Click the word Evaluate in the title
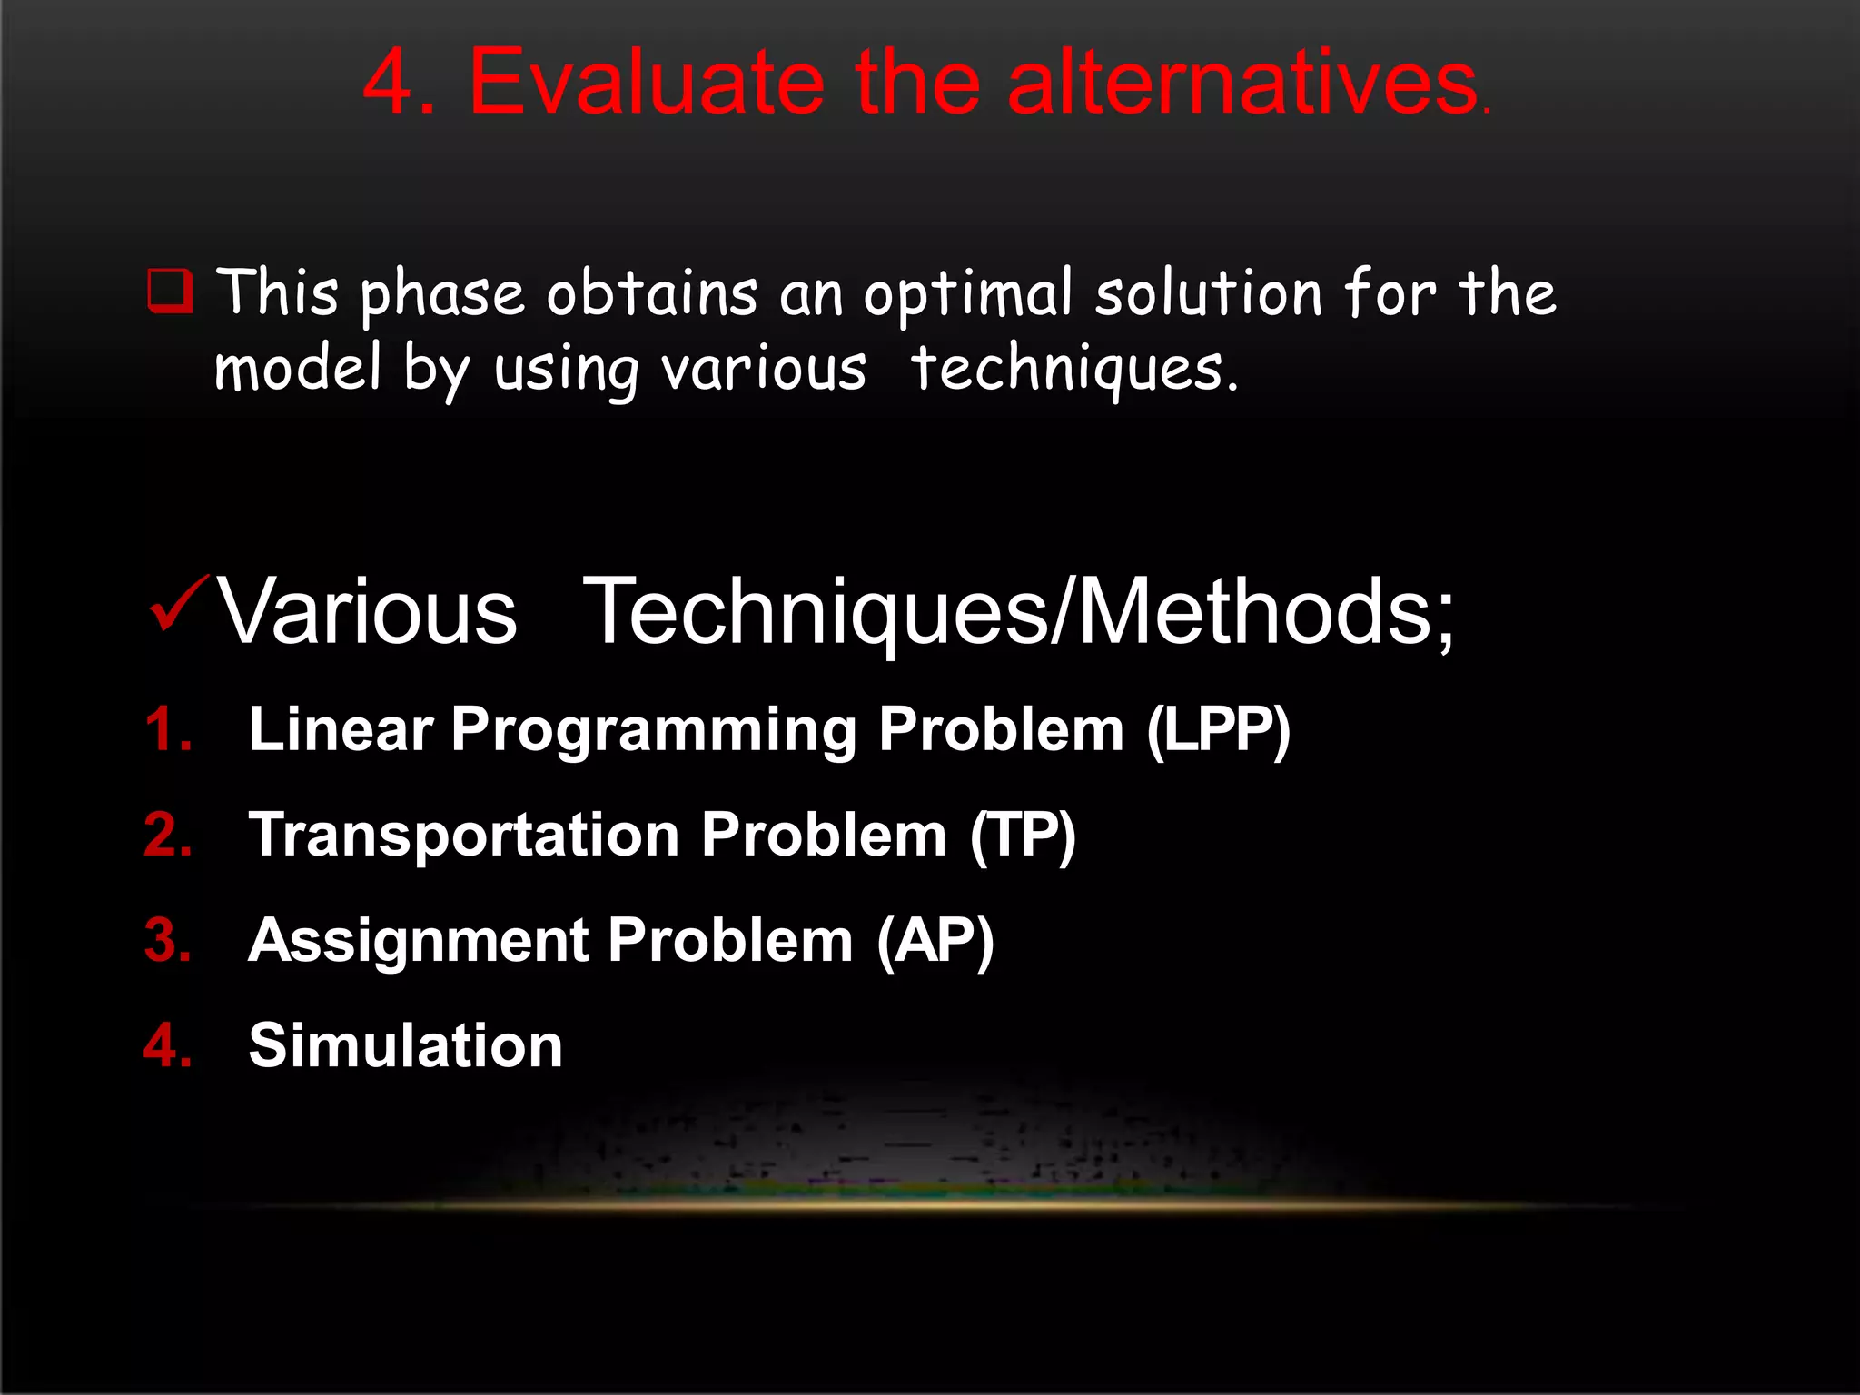[x=646, y=84]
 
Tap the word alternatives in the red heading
[x=1242, y=84]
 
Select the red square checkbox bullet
[x=170, y=291]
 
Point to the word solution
[x=1208, y=293]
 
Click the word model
[x=297, y=368]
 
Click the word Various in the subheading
[x=366, y=612]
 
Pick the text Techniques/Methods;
[x=1017, y=612]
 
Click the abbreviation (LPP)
[x=1218, y=729]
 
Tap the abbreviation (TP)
[x=1023, y=835]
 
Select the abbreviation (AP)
[x=935, y=940]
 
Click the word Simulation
[x=405, y=1045]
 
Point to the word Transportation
[x=463, y=835]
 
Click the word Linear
[x=341, y=729]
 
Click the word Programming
[x=653, y=731]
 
